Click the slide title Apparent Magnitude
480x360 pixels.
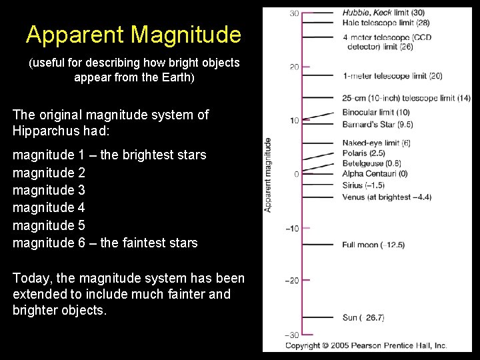pyautogui.click(x=133, y=34)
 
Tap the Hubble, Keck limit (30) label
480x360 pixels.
pyautogui.click(x=383, y=12)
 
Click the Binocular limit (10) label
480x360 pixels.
pyautogui.click(x=375, y=112)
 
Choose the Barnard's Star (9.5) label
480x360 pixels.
pyautogui.click(x=377, y=124)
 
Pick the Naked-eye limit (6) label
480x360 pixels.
pyautogui.click(x=376, y=143)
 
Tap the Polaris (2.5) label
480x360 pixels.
pyautogui.click(x=363, y=153)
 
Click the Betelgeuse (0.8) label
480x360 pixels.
pyautogui.click(x=371, y=163)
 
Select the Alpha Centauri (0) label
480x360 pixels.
pyautogui.click(x=374, y=174)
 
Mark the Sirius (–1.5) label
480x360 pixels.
pyautogui.click(x=363, y=185)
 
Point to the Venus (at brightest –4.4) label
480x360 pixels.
pyautogui.click(x=387, y=197)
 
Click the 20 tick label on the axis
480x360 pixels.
pyautogui.click(x=293, y=67)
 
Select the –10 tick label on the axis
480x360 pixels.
pyautogui.click(x=292, y=229)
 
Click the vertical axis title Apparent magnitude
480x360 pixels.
pyautogui.click(x=268, y=175)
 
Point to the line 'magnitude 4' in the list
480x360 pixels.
pyautogui.click(x=49, y=207)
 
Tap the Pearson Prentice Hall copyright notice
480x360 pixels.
pyautogui.click(x=366, y=345)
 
